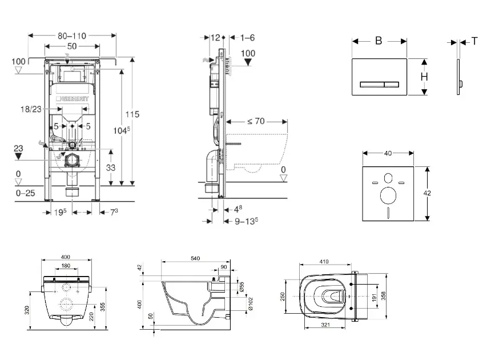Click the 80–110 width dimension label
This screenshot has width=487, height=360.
coord(72,35)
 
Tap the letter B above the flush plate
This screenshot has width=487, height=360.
coord(378,41)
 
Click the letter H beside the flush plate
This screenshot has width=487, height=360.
coord(424,77)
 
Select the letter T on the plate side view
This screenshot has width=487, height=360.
coord(474,41)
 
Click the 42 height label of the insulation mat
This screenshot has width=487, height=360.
coord(426,193)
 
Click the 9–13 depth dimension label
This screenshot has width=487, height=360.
coord(240,221)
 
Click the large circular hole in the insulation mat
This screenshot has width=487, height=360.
coord(388,195)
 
